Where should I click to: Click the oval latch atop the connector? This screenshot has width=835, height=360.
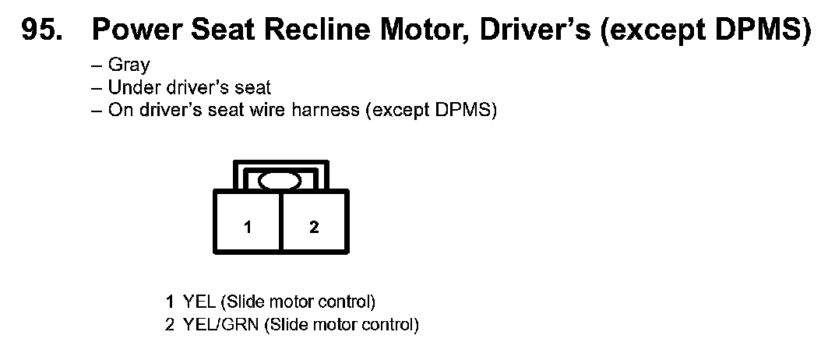click(x=280, y=182)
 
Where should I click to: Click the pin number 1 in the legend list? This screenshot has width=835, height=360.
click(x=170, y=301)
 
